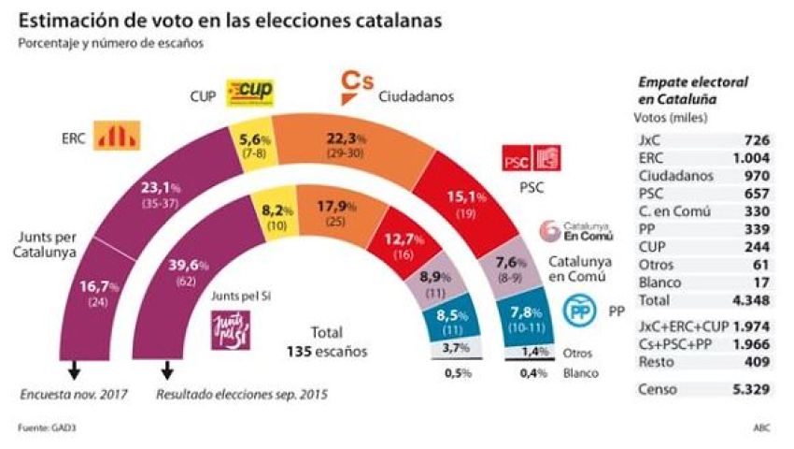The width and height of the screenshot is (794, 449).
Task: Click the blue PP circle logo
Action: pos(579,309)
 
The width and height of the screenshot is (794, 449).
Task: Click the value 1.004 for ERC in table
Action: pos(753,157)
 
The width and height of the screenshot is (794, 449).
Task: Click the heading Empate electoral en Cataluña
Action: pos(692,90)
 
